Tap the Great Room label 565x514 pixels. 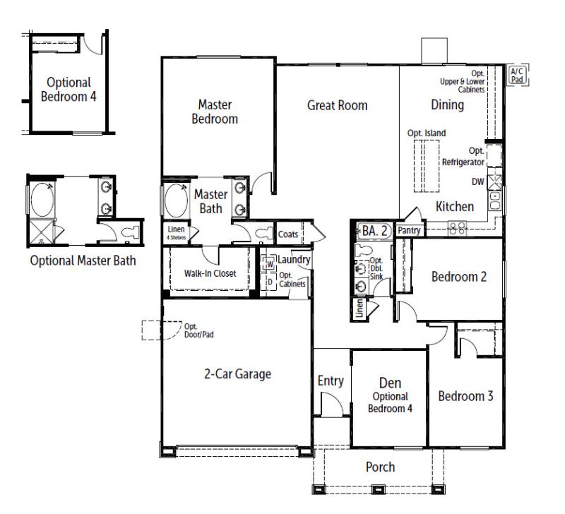point(337,105)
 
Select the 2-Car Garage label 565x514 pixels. point(233,373)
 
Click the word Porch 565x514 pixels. point(379,467)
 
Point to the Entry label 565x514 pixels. point(330,381)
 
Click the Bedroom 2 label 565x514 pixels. point(459,276)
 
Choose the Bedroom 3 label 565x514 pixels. point(465,396)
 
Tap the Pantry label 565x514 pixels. point(409,230)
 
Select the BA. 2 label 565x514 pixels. point(375,229)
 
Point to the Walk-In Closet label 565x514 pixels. point(210,273)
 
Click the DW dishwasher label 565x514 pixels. point(478,181)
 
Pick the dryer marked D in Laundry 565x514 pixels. point(269,282)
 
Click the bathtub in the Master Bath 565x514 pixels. point(175,203)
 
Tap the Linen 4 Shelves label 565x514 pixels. point(176,232)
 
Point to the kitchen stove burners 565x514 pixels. point(458,227)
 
